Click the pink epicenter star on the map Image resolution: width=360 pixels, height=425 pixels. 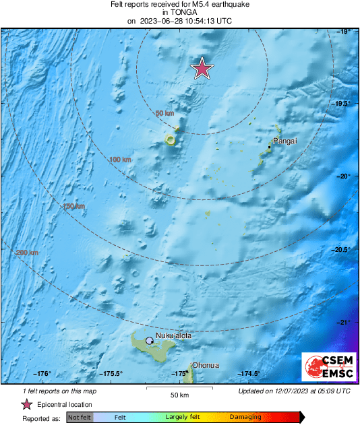tap(202, 68)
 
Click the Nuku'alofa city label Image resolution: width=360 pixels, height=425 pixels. tap(174, 335)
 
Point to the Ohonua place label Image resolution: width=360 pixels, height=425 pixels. tap(205, 365)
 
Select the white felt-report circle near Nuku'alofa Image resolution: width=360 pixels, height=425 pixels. tap(149, 341)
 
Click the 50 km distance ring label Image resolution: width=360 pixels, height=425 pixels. tap(165, 113)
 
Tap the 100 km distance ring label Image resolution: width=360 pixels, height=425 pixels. tap(120, 160)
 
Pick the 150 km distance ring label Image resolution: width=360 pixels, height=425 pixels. tap(73, 206)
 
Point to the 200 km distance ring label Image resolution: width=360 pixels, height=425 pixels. tap(28, 253)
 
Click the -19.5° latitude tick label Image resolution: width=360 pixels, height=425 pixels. tap(342, 104)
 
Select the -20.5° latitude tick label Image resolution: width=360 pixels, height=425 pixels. tap(342, 250)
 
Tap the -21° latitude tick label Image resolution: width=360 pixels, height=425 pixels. tap(344, 323)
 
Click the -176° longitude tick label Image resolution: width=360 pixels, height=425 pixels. tap(42, 374)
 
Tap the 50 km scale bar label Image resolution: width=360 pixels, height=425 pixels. tap(179, 394)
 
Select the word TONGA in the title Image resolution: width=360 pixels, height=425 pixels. tap(179, 12)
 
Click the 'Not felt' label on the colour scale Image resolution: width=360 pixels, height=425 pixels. tap(80, 418)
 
